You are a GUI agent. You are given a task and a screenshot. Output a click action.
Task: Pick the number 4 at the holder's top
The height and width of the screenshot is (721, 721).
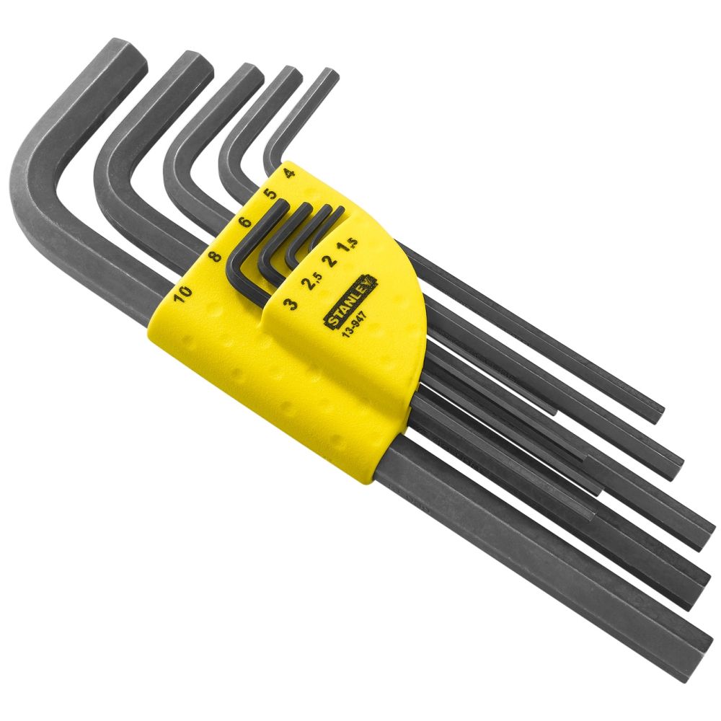pyautogui.click(x=288, y=172)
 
